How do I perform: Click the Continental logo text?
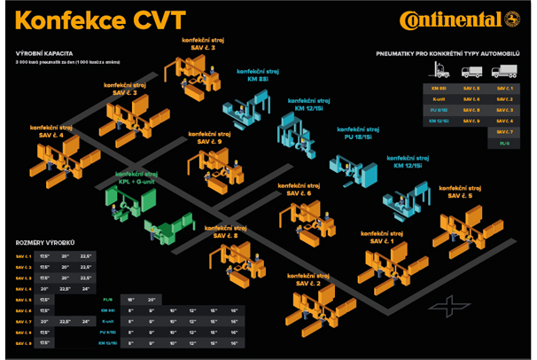coord(451,20)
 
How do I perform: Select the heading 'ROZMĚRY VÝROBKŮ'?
coord(45,242)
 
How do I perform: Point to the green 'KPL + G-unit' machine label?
coord(133,177)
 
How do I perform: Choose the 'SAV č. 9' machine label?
coord(209,140)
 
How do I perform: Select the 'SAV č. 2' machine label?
coord(304,283)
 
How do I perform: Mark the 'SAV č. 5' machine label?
coord(459,195)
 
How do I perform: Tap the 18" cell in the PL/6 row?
coord(131,301)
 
